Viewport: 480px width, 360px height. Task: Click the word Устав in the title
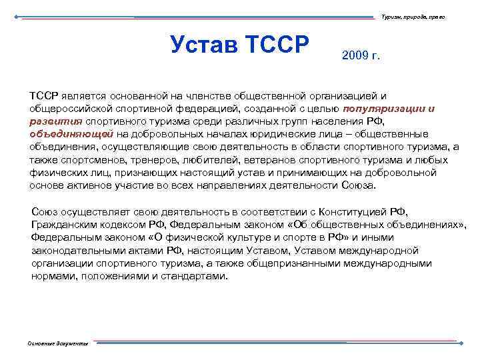pos(204,45)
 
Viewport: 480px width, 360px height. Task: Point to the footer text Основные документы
pos(57,343)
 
